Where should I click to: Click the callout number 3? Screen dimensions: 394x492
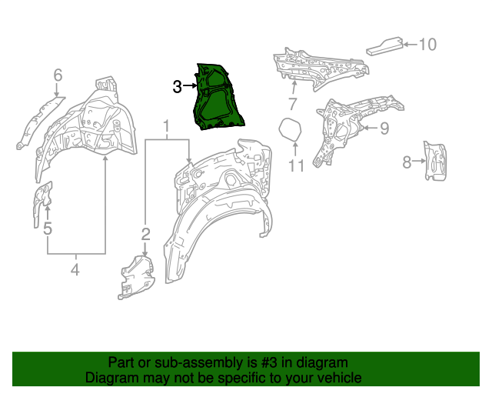tap(177, 87)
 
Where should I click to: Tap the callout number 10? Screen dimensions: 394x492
tap(427, 45)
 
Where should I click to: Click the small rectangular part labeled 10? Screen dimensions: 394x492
tap(384, 45)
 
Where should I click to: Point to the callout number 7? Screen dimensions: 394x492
tap(292, 104)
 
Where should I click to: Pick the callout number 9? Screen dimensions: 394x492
tap(384, 127)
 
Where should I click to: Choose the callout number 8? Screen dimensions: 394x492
tap(407, 162)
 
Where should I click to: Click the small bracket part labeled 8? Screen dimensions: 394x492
tap(435, 161)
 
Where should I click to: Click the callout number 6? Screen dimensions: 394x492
tap(58, 75)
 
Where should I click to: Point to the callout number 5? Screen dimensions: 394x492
tap(48, 229)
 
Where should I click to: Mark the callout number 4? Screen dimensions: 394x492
tap(75, 269)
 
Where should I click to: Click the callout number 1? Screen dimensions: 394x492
tap(165, 125)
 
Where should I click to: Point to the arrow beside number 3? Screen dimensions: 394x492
tap(190, 87)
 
